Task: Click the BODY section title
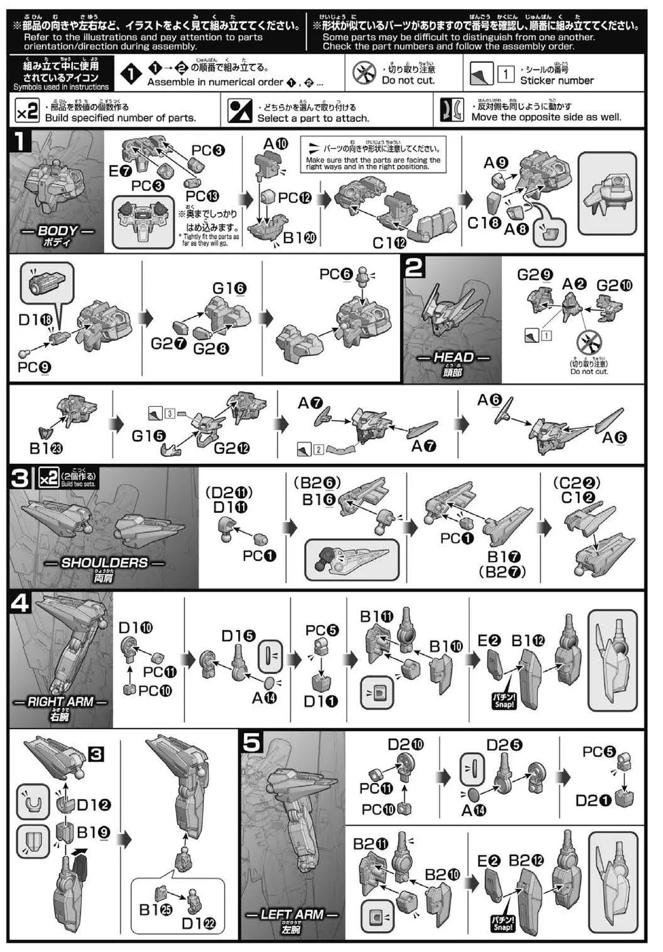[x=57, y=231]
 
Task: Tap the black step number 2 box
[x=414, y=267]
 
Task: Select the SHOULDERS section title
[x=104, y=563]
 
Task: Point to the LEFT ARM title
[x=292, y=915]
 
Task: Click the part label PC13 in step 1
[x=203, y=196]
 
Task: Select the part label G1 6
[x=229, y=288]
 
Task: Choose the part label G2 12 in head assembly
[x=231, y=449]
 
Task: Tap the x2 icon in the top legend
[x=27, y=112]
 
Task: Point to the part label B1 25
[x=156, y=909]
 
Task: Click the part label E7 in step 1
[x=120, y=171]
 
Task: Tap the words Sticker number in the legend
[x=557, y=81]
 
